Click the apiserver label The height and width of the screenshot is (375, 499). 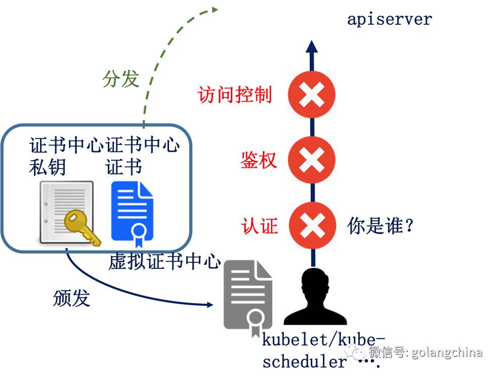(x=389, y=20)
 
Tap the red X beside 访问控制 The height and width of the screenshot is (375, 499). (x=311, y=95)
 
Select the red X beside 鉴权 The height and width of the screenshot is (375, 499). (x=311, y=160)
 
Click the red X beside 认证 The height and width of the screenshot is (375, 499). (x=311, y=225)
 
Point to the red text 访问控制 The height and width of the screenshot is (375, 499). (x=235, y=95)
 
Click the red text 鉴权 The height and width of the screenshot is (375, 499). (x=259, y=160)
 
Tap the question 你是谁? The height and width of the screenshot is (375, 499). (x=381, y=225)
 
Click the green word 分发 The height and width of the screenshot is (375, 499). (x=120, y=79)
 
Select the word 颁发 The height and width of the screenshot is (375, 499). (x=71, y=298)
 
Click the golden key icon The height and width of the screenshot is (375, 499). (x=80, y=227)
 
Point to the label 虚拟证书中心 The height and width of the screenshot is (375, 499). (x=164, y=262)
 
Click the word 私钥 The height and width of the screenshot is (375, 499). (x=48, y=167)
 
